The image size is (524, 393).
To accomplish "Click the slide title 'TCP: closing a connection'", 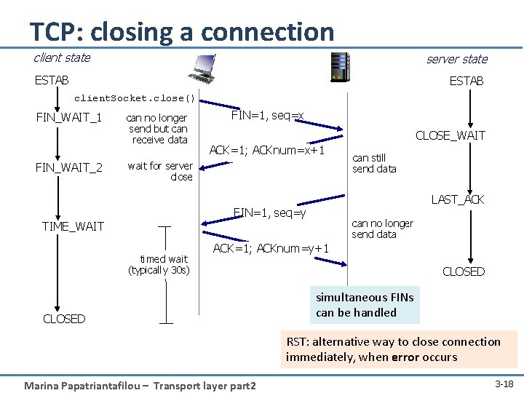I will pyautogui.click(x=181, y=31).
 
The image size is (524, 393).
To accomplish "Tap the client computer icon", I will pyautogui.click(x=204, y=69).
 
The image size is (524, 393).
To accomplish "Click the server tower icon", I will pyautogui.click(x=339, y=67).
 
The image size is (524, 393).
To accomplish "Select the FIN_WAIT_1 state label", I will pyautogui.click(x=69, y=118).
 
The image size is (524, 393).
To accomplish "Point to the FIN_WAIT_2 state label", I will pyautogui.click(x=69, y=167).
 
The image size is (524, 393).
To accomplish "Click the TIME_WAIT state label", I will pyautogui.click(x=73, y=226).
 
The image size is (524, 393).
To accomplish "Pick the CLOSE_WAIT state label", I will pyautogui.click(x=450, y=135).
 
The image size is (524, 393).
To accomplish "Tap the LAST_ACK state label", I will pyautogui.click(x=458, y=199).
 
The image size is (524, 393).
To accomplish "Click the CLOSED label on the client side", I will pyautogui.click(x=64, y=319).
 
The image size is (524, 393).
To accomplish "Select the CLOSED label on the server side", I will pyautogui.click(x=463, y=271).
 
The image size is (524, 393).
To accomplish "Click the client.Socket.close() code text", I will pyautogui.click(x=135, y=98).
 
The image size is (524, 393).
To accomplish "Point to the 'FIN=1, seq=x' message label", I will pyautogui.click(x=267, y=115).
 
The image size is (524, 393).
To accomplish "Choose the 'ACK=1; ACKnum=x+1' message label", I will pyautogui.click(x=266, y=151).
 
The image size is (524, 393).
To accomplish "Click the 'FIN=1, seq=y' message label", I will pyautogui.click(x=269, y=213).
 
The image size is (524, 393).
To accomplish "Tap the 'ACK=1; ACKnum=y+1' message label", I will pyautogui.click(x=271, y=249).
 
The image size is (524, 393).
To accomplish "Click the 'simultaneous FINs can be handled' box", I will pyautogui.click(x=365, y=305).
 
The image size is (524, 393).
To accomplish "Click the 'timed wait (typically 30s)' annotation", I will pyautogui.click(x=159, y=264).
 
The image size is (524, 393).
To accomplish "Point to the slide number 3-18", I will pyautogui.click(x=503, y=383).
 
